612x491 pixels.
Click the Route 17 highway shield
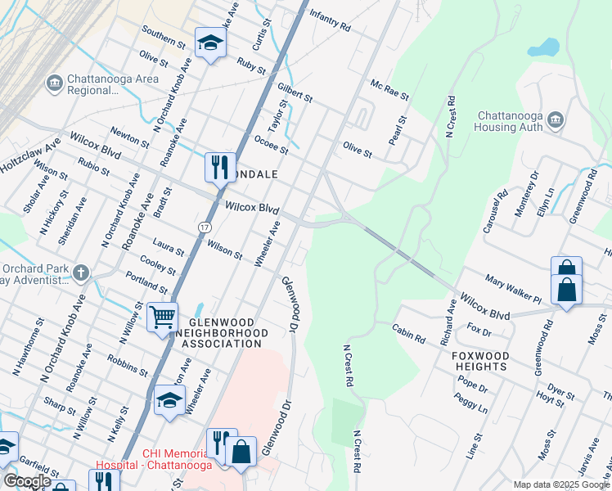tap(204, 224)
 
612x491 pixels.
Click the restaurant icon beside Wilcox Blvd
tap(219, 167)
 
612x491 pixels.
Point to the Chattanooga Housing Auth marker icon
tap(556, 121)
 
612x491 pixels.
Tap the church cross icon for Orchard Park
tap(80, 272)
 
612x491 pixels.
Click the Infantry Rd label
tap(330, 21)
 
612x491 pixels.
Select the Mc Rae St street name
tap(389, 89)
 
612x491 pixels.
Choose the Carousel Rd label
tap(496, 213)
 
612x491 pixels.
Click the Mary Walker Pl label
tap(513, 290)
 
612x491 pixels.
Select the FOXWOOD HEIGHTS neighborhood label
tap(480, 362)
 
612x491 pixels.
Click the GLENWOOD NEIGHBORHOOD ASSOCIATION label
tap(222, 333)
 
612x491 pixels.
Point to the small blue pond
tap(543, 47)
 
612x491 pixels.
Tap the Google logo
tap(26, 481)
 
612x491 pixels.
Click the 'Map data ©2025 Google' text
tap(561, 484)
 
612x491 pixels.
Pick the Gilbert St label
tap(295, 92)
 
